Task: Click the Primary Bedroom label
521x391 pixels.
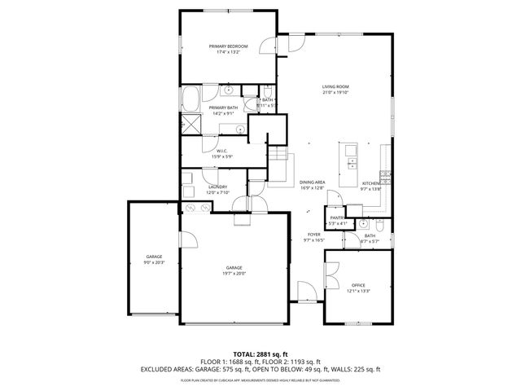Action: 228,46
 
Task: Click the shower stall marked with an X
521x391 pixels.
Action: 190,123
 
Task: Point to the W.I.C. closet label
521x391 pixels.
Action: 221,150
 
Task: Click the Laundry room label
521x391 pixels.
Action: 217,187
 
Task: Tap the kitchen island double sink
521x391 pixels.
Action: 352,161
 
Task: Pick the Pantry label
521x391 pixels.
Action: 337,218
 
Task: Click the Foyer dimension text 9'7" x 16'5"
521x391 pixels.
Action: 313,240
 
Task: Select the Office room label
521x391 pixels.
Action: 358,285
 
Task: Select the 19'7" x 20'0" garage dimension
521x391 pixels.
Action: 234,274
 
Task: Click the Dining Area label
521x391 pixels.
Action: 312,182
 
